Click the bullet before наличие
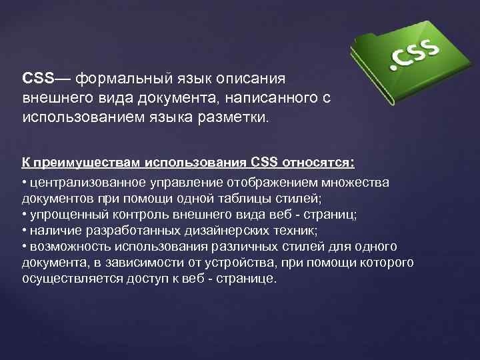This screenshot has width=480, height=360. point(24,230)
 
